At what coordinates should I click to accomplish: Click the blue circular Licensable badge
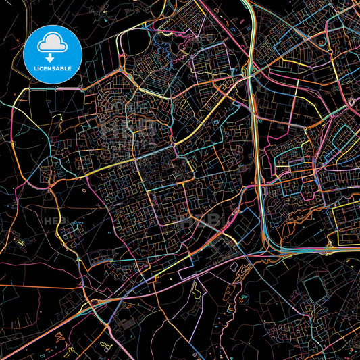[53, 53]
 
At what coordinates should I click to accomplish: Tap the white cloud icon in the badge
[53, 44]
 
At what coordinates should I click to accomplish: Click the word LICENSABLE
[53, 68]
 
